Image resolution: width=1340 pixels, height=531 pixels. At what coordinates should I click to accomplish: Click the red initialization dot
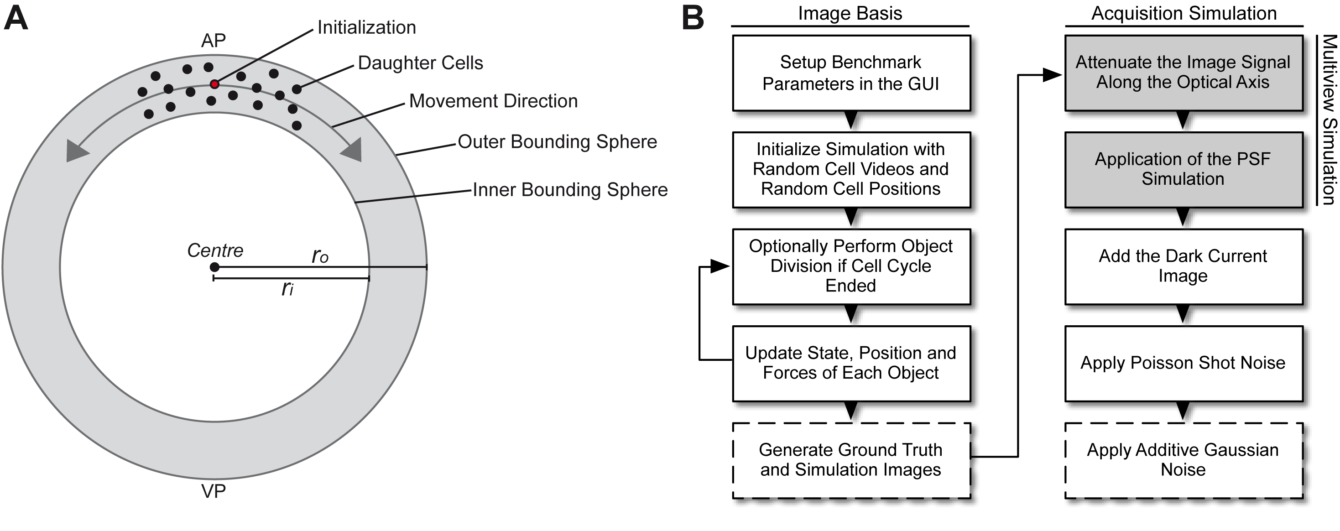click(214, 84)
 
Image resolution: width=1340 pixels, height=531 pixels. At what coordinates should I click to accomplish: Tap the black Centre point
click(214, 267)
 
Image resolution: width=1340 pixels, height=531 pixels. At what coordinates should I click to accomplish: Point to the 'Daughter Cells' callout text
click(420, 63)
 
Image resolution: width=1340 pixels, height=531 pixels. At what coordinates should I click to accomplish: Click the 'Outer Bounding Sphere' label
click(557, 141)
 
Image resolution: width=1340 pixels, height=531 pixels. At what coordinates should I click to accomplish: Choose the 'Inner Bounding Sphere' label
click(570, 190)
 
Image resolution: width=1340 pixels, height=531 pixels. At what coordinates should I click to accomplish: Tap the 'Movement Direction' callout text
click(493, 101)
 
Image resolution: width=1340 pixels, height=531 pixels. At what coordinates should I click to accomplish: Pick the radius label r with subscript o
click(320, 255)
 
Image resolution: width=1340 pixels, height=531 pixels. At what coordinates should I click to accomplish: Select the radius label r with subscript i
click(287, 287)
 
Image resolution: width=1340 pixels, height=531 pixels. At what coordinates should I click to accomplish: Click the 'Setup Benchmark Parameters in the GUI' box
click(851, 73)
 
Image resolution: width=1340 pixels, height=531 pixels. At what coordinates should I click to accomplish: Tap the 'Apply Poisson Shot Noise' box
click(1184, 364)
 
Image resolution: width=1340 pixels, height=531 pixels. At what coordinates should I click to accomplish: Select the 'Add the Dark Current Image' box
click(1184, 267)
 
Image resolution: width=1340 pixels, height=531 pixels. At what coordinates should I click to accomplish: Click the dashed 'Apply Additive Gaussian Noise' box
click(1184, 460)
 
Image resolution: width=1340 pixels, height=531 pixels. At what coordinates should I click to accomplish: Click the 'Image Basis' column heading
click(850, 13)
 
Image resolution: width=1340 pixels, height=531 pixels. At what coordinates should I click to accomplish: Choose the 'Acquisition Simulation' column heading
click(1184, 13)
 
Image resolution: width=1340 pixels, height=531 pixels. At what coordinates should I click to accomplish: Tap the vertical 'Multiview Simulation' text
click(1329, 120)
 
